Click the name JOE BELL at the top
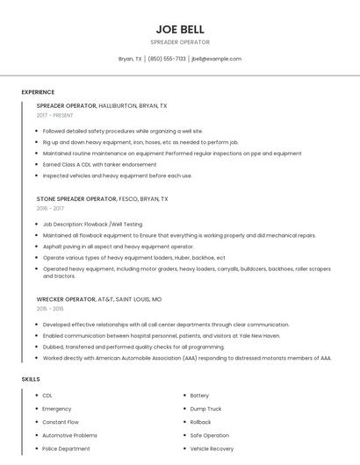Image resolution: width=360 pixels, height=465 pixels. (x=180, y=29)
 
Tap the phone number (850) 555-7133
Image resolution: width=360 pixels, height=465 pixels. (x=167, y=59)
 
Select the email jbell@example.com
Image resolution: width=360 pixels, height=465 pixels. (x=216, y=59)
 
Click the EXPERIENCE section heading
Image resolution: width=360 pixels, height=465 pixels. (x=38, y=92)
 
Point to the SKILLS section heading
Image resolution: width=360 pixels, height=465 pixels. (x=31, y=379)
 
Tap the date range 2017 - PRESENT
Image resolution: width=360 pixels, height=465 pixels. (x=55, y=116)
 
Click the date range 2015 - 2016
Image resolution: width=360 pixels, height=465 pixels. (x=50, y=309)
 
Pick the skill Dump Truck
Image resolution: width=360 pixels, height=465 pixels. (x=205, y=409)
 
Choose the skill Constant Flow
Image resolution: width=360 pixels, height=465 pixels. (x=61, y=422)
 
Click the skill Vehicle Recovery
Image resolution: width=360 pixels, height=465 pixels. (x=212, y=448)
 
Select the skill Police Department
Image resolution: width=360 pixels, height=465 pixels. (x=66, y=448)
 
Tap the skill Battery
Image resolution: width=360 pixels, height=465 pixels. (x=199, y=396)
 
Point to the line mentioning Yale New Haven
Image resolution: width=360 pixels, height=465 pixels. (x=162, y=335)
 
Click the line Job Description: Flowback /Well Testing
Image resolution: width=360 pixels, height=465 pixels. (x=92, y=224)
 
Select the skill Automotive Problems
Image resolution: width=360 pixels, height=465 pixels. (x=69, y=435)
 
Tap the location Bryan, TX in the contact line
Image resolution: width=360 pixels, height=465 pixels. (x=130, y=59)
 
